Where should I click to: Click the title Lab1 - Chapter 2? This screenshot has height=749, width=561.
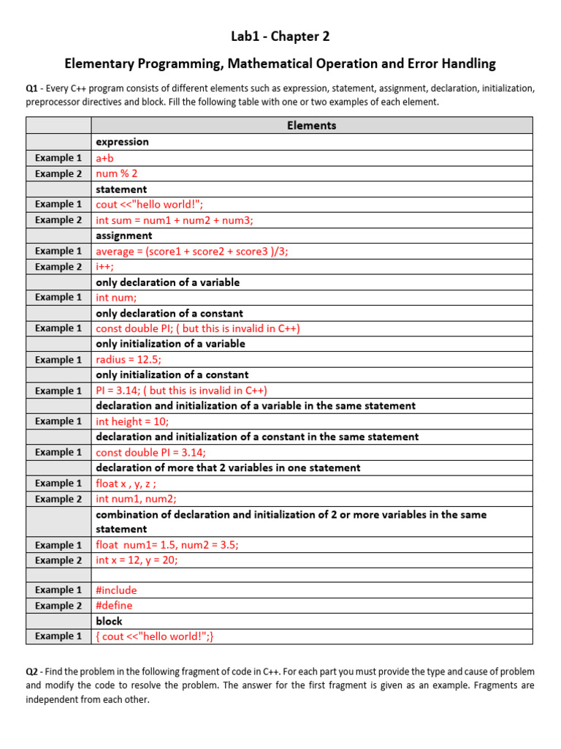[280, 36]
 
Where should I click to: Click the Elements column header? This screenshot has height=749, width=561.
[312, 125]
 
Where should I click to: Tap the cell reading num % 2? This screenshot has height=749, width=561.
[117, 173]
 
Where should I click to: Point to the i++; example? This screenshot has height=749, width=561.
[105, 267]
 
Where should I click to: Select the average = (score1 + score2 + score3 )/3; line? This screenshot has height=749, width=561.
[192, 251]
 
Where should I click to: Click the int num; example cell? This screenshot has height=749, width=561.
[116, 298]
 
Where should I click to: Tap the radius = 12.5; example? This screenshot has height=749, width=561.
[129, 359]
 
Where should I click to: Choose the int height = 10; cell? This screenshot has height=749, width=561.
[132, 421]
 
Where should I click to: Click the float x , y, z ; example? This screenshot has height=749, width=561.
[126, 483]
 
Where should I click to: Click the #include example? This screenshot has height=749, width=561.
[116, 590]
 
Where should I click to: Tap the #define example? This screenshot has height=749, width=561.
[115, 606]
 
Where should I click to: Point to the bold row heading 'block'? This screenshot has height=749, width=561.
[110, 621]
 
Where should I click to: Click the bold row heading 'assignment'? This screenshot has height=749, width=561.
[124, 236]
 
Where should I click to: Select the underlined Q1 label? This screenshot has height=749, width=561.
[31, 89]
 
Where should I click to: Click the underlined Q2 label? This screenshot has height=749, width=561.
[31, 671]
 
